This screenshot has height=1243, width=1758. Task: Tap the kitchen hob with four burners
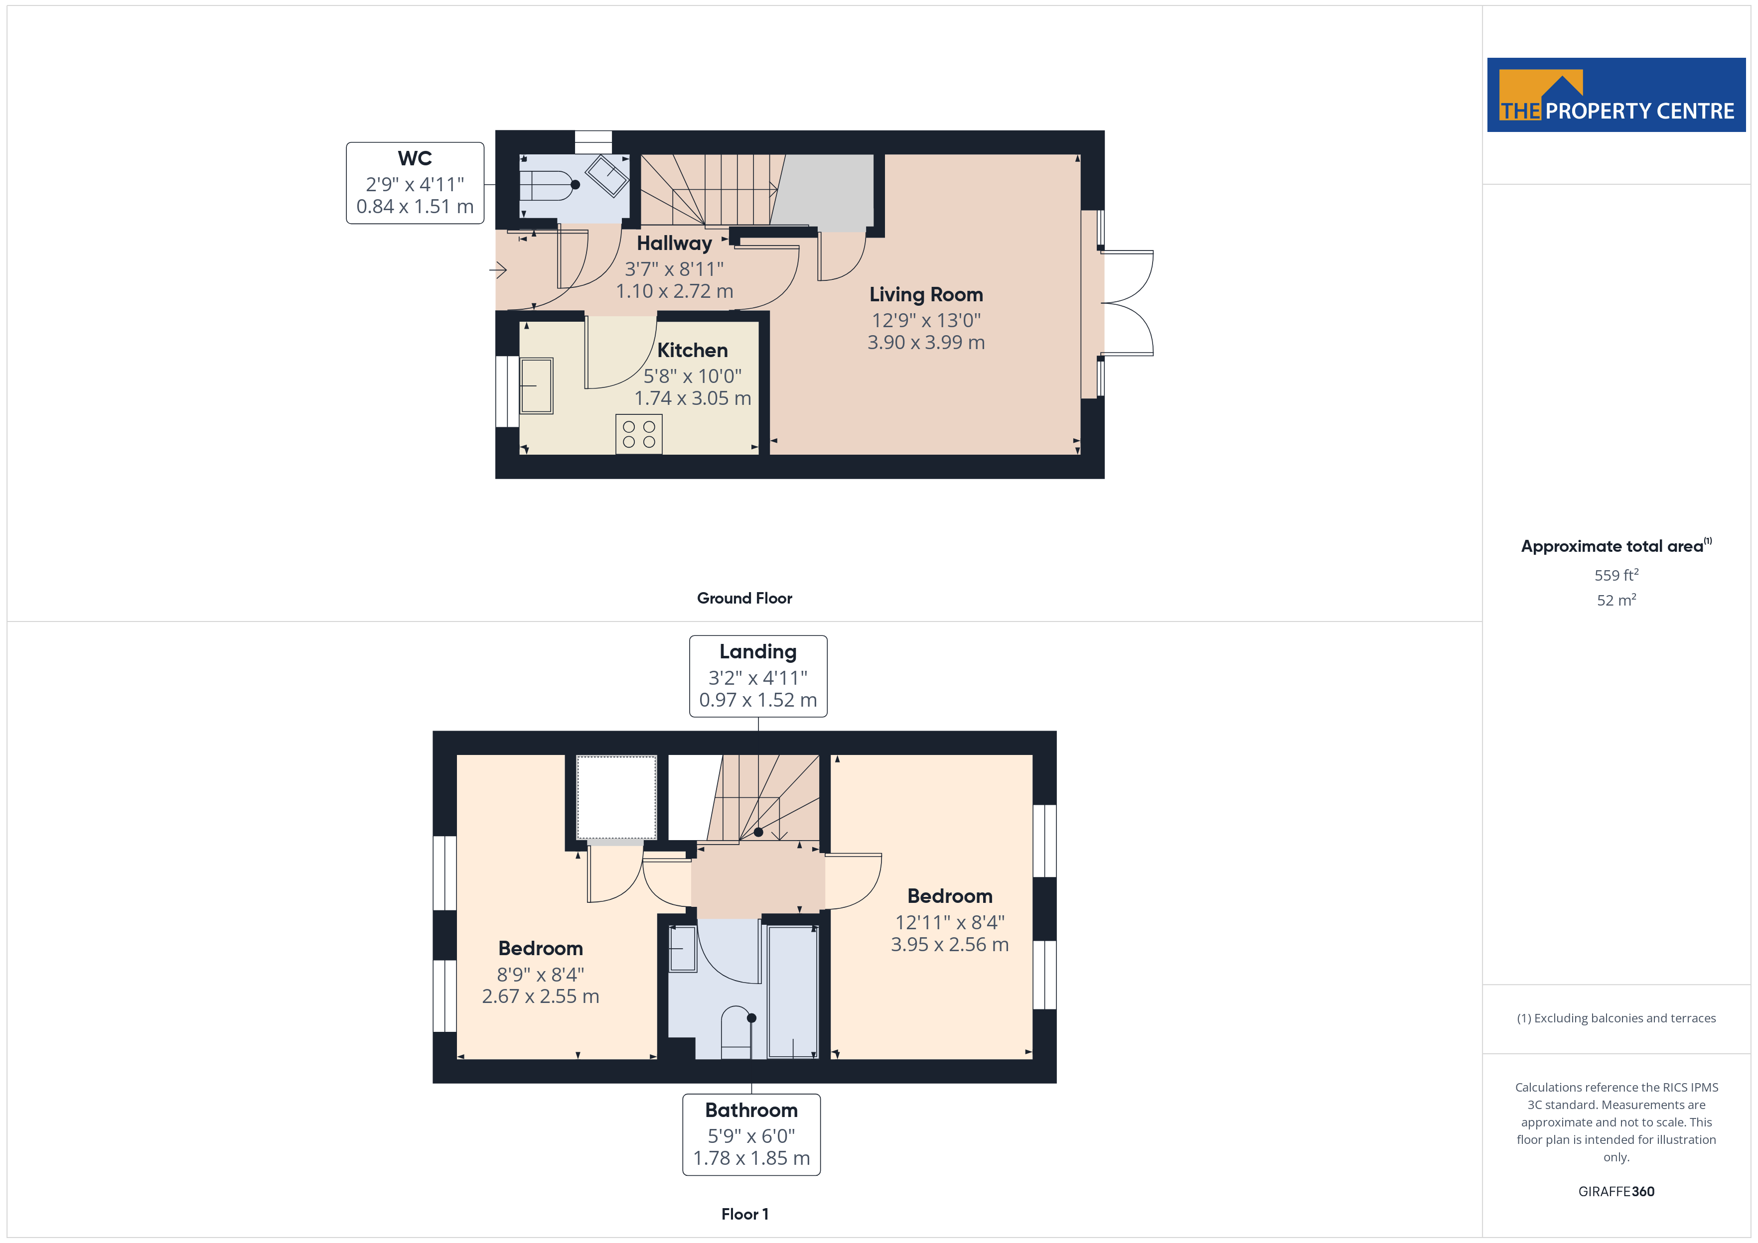[639, 434]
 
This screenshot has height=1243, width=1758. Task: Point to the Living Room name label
[926, 295]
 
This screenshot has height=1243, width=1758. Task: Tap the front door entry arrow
[498, 269]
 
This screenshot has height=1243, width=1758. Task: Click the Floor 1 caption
[744, 1214]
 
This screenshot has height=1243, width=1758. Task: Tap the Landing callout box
[758, 676]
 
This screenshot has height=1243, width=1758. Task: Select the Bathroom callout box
[751, 1134]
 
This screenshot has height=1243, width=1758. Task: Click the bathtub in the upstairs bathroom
[792, 992]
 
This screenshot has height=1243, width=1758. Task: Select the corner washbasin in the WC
[607, 175]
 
